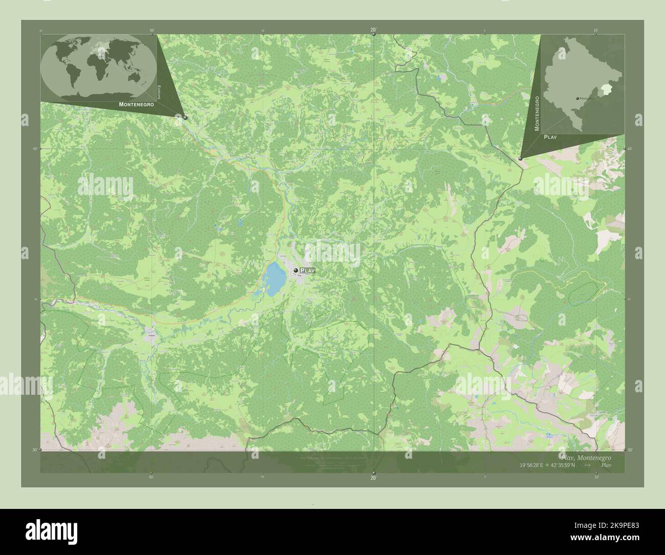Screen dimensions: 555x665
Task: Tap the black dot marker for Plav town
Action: click(296, 270)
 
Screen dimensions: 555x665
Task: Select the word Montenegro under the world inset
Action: click(136, 104)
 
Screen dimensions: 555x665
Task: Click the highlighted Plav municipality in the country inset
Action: click(607, 90)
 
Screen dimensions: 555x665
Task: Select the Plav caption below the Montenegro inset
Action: click(550, 137)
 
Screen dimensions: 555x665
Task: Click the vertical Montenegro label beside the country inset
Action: click(537, 113)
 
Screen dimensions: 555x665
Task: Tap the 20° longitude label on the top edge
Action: click(373, 30)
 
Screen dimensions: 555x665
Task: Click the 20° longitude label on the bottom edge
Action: click(373, 478)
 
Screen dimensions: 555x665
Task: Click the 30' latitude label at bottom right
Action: click(629, 450)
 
